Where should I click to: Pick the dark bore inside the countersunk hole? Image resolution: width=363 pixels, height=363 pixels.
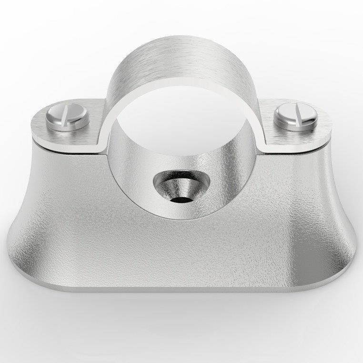(179, 197)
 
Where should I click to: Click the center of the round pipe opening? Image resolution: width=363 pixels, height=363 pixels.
(183, 119)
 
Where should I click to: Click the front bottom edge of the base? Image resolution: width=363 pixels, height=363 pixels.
(183, 288)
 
